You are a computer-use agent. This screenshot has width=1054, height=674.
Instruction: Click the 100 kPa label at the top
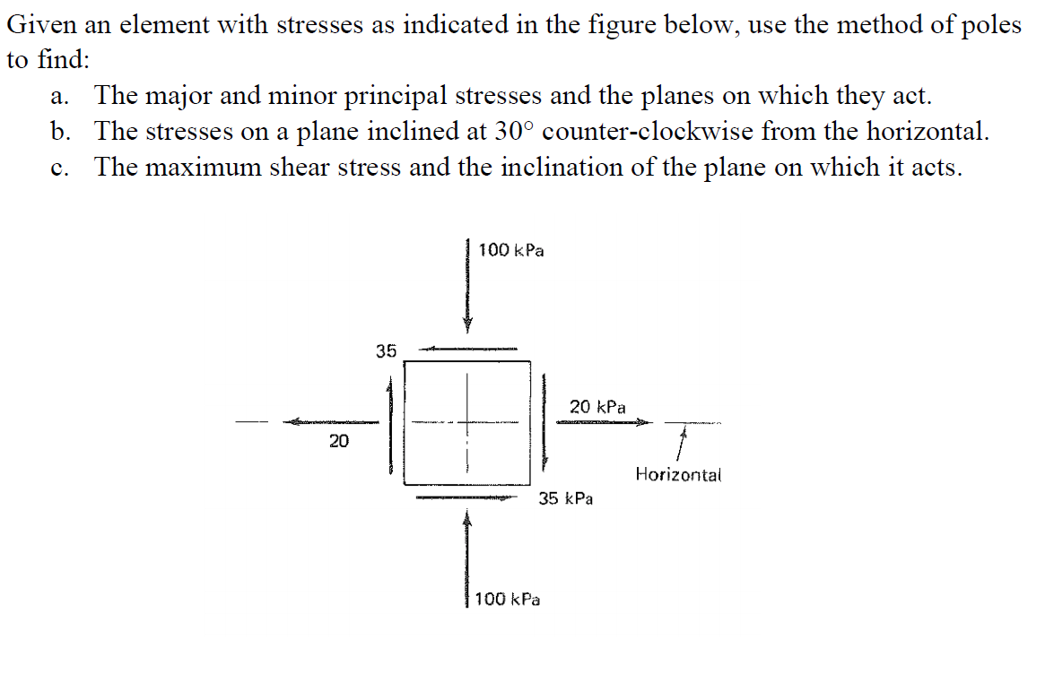click(510, 250)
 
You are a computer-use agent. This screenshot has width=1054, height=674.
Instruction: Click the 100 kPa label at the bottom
click(508, 599)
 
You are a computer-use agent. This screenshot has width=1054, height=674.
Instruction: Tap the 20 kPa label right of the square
click(597, 407)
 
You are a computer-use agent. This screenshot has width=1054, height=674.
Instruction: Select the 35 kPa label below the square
click(565, 498)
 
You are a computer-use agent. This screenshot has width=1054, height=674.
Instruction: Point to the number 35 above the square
click(386, 350)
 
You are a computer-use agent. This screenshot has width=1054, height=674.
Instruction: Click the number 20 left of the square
click(338, 440)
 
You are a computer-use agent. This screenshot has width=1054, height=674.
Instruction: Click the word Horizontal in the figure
click(678, 474)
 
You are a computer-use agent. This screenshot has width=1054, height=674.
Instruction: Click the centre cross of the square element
click(466, 422)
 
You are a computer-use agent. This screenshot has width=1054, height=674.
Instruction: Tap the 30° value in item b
click(513, 132)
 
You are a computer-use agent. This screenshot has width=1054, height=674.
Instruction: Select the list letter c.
click(59, 168)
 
